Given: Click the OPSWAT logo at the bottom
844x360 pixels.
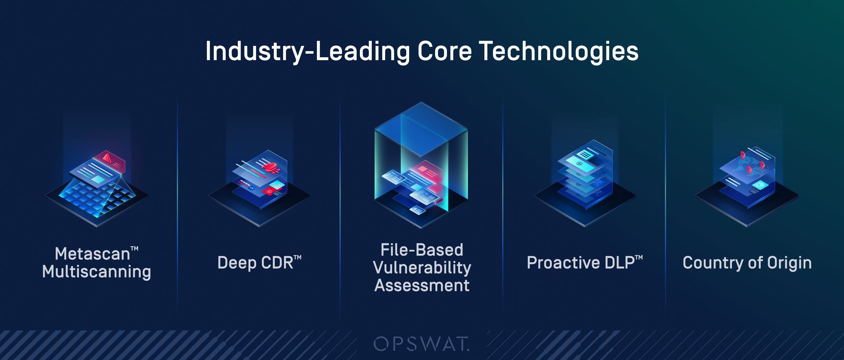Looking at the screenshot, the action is [422, 344].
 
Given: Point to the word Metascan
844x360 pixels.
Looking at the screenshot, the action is [93, 254].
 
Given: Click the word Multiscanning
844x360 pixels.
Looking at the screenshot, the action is [97, 272].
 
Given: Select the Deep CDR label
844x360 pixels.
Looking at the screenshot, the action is [259, 263].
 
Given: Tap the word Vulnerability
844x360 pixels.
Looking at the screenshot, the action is [422, 268].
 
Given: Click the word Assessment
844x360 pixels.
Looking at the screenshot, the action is [422, 285].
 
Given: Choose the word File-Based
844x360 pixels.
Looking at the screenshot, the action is [422, 250].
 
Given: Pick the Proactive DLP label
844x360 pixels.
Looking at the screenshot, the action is [584, 263].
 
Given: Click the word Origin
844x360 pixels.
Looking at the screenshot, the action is [789, 263].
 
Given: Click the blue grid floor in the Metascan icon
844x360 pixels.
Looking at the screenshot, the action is [97, 197].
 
